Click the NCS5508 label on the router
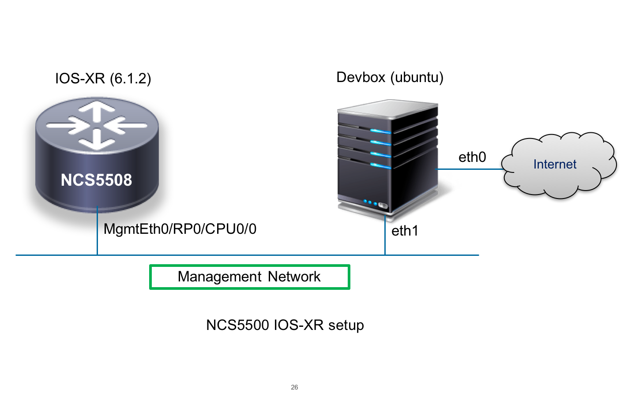pos(96,180)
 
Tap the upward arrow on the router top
pos(97,110)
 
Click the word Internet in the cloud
pos(555,164)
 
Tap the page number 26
pos(294,387)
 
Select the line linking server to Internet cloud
pos(470,169)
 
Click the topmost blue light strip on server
pos(380,131)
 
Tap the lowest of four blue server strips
pos(380,165)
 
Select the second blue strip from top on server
pos(380,142)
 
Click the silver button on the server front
pos(383,206)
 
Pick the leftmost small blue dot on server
pos(365,202)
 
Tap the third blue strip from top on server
pos(380,154)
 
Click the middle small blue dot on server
pos(370,203)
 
